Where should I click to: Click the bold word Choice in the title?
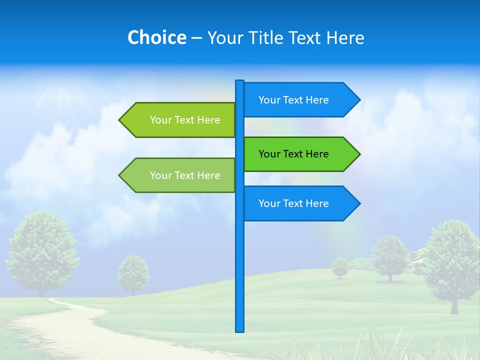(x=156, y=37)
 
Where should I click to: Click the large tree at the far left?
(x=42, y=250)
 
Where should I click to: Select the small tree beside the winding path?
(x=133, y=272)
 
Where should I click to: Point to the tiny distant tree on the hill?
(x=340, y=267)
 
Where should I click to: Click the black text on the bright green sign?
(x=293, y=154)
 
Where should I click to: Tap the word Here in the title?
(x=345, y=37)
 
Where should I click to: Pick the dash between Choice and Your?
(x=196, y=38)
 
